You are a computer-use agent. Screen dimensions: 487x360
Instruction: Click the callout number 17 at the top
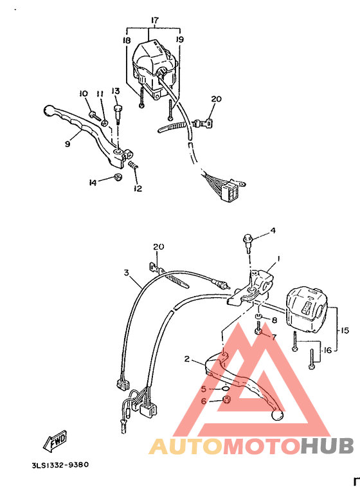pyautogui.click(x=154, y=21)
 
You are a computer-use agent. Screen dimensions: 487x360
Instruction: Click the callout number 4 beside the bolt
pyautogui.click(x=272, y=230)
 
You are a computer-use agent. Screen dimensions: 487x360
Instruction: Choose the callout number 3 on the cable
pyautogui.click(x=127, y=273)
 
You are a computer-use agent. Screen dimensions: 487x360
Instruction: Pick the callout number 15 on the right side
pyautogui.click(x=345, y=330)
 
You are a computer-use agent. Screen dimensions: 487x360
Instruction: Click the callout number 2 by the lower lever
pyautogui.click(x=187, y=359)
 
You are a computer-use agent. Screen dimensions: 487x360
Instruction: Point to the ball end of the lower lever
pyautogui.click(x=278, y=416)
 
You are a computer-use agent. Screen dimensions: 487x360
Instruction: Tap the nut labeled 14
pyautogui.click(x=116, y=178)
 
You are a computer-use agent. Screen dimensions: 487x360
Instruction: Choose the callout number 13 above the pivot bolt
pyautogui.click(x=116, y=91)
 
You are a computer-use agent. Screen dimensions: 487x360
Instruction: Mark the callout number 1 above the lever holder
pyautogui.click(x=278, y=259)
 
